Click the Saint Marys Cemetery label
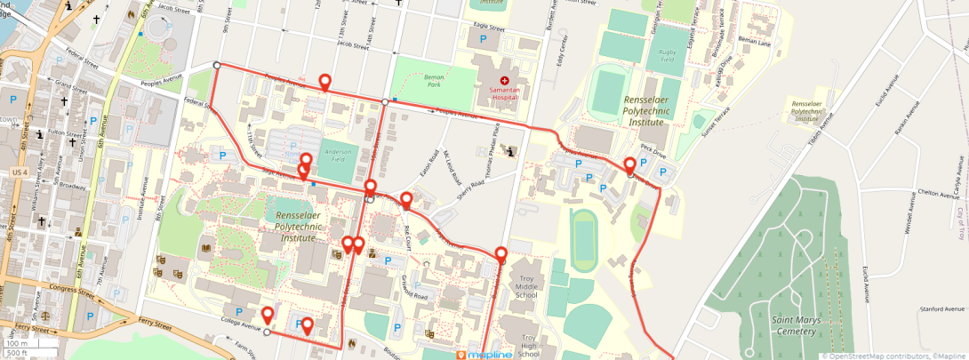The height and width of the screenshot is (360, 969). (782, 325)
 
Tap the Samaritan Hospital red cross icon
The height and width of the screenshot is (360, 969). (504, 80)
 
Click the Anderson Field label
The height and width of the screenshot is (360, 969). (340, 156)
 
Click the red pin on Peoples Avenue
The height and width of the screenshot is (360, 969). (325, 83)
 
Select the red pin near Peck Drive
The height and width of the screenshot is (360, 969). (629, 165)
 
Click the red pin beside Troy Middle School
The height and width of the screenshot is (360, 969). (501, 255)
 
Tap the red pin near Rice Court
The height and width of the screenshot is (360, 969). (406, 199)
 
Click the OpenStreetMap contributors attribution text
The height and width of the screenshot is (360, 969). (876, 356)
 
